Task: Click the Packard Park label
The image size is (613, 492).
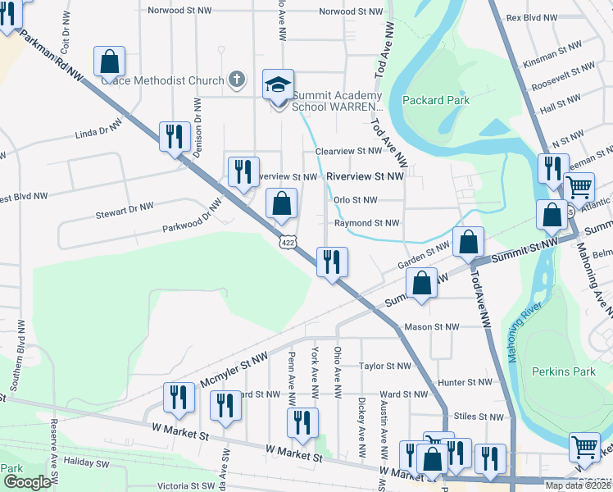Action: tap(436, 100)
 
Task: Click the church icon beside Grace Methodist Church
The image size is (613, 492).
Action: tap(237, 80)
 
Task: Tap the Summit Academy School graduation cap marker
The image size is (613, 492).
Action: tap(279, 85)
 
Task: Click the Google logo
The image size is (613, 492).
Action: tap(26, 482)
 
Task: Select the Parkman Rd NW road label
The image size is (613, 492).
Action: tap(52, 57)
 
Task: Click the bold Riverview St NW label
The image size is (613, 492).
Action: tap(365, 176)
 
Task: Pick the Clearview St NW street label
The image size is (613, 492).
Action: tap(348, 151)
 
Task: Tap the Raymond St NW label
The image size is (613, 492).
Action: tap(366, 223)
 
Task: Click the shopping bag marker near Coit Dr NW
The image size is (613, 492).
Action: tap(109, 61)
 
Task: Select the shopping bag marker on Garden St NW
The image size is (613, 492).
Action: tap(468, 242)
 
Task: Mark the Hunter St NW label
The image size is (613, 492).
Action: tap(465, 382)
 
